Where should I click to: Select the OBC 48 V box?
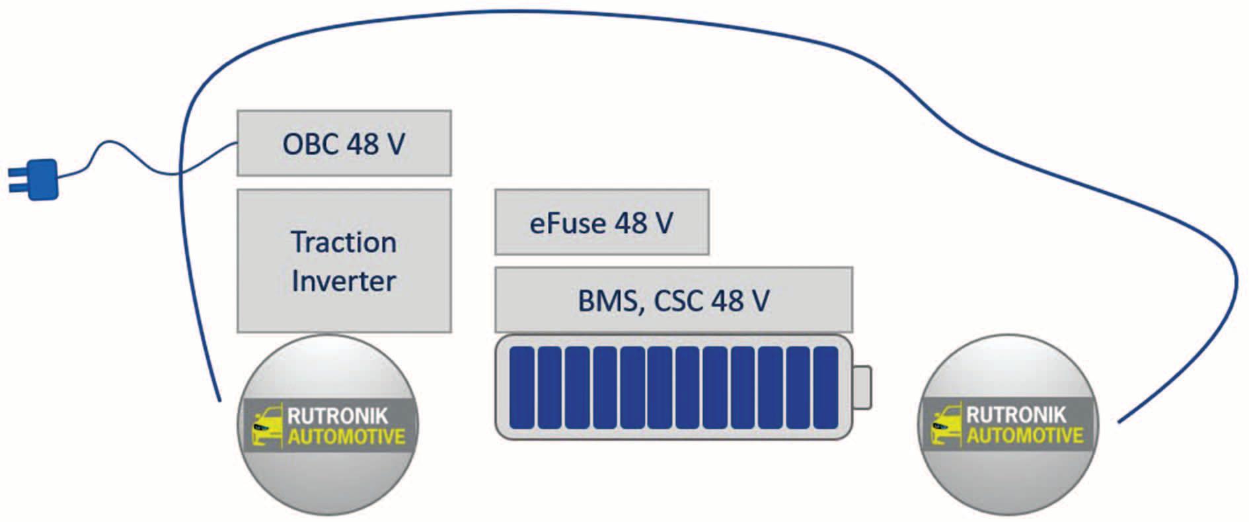(344, 144)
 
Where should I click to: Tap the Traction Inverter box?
(344, 261)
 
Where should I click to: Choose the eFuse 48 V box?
(601, 222)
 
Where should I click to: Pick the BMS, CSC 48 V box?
(673, 300)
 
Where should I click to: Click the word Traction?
(344, 242)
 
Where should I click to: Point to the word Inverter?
(344, 281)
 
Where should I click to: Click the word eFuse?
(567, 223)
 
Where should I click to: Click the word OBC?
(310, 144)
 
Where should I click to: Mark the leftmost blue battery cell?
(521, 388)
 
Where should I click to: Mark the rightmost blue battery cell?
(825, 388)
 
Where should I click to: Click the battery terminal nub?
(862, 388)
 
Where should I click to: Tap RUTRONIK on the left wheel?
(338, 416)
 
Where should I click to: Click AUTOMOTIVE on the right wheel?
(1025, 435)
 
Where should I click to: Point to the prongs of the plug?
(16, 180)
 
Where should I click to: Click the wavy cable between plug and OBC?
(132, 159)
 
